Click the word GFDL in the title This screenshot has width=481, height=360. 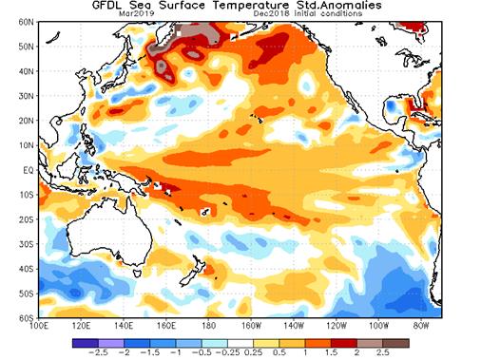pyautogui.click(x=111, y=6)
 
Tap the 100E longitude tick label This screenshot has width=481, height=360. pyautogui.click(x=39, y=325)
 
